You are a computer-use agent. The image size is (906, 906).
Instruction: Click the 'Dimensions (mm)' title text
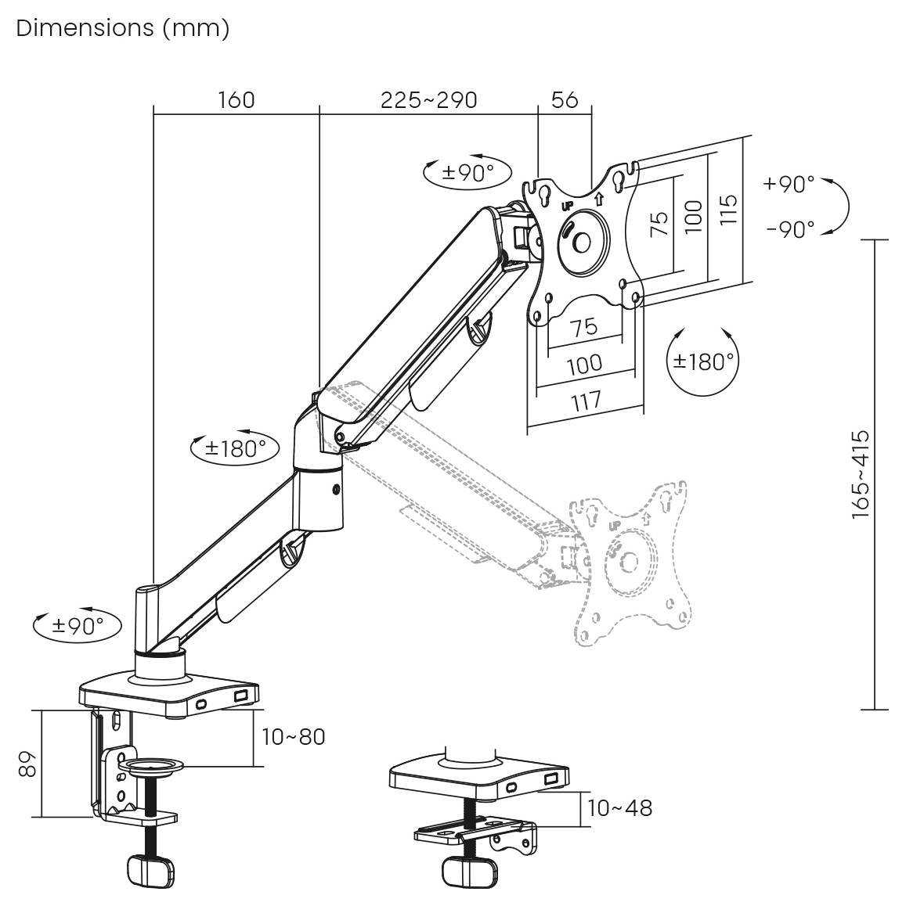[122, 28]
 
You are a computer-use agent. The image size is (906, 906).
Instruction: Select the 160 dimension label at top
[236, 100]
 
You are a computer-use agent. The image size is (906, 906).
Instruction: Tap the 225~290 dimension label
[428, 100]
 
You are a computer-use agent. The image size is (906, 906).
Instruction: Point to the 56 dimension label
[565, 100]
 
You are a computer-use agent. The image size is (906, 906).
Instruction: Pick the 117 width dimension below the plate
[585, 401]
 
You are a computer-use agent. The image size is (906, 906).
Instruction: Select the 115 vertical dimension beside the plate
[729, 210]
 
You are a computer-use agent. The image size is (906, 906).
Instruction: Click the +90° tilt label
[789, 184]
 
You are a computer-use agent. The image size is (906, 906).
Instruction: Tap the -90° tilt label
[790, 229]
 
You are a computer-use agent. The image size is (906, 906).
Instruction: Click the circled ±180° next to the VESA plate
[704, 361]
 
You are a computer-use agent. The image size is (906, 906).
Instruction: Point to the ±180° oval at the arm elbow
[235, 448]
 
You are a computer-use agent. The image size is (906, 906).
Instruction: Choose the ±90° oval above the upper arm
[467, 173]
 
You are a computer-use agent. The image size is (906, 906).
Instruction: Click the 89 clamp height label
[28, 763]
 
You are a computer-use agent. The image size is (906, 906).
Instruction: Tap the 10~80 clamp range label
[293, 736]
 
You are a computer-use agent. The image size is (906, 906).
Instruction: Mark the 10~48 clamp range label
[619, 807]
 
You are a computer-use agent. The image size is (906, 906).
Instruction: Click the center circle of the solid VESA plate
[582, 242]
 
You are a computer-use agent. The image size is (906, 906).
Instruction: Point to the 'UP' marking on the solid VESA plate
[568, 206]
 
